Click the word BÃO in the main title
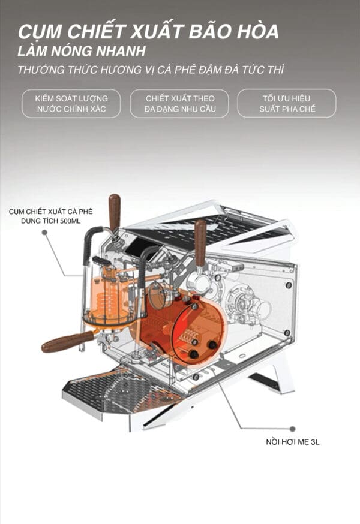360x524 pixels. click(x=210, y=31)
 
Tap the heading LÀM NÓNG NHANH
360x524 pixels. click(x=82, y=51)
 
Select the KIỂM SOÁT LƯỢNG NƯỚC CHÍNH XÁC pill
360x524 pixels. click(x=71, y=103)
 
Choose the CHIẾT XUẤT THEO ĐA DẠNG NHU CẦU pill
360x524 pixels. click(x=179, y=103)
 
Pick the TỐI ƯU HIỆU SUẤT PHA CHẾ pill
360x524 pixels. click(x=287, y=103)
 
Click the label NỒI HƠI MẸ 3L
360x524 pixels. click(x=292, y=442)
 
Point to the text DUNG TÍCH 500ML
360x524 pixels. click(x=50, y=221)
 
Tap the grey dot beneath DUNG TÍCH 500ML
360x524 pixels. click(x=44, y=232)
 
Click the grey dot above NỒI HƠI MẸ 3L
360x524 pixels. click(x=293, y=429)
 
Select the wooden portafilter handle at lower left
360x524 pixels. click(x=67, y=341)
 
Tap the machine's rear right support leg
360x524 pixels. click(x=272, y=375)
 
